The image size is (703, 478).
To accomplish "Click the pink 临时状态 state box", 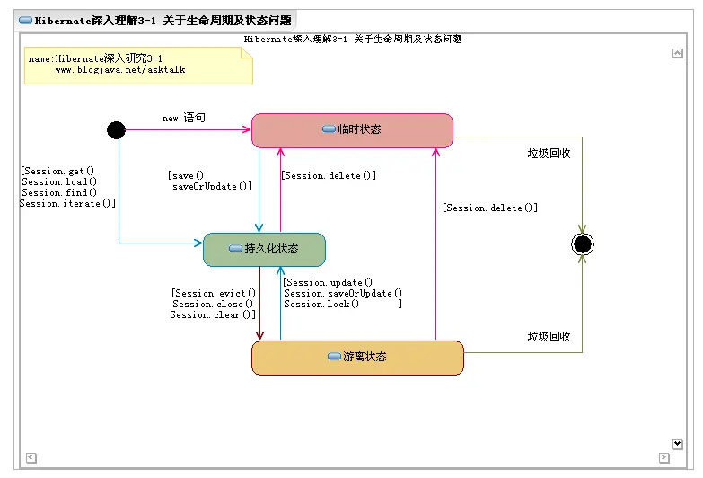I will tap(352, 129).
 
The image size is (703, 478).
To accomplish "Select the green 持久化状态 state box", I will tap(264, 249).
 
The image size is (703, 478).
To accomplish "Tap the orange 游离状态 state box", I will tap(357, 357).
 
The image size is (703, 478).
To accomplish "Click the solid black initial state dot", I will tap(116, 130).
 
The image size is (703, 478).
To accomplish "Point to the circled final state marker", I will tap(583, 244).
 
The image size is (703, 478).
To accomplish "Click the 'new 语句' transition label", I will tap(183, 118).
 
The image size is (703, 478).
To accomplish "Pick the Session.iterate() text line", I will tap(67, 204).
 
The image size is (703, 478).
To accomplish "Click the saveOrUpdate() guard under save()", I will tap(212, 187).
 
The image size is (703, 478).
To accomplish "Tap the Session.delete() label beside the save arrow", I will tap(329, 176).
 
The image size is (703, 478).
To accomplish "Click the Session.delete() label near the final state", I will tap(490, 208).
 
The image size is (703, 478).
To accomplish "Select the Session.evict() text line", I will tap(214, 294).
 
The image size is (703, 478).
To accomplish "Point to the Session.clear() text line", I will tap(213, 315).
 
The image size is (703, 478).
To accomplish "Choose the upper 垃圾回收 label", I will tap(549, 154).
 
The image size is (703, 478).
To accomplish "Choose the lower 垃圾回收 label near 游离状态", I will tap(549, 337).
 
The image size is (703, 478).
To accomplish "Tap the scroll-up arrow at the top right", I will tap(677, 54).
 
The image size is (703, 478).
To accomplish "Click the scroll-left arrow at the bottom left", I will tap(31, 457).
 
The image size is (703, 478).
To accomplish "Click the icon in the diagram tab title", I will tap(25, 21).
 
